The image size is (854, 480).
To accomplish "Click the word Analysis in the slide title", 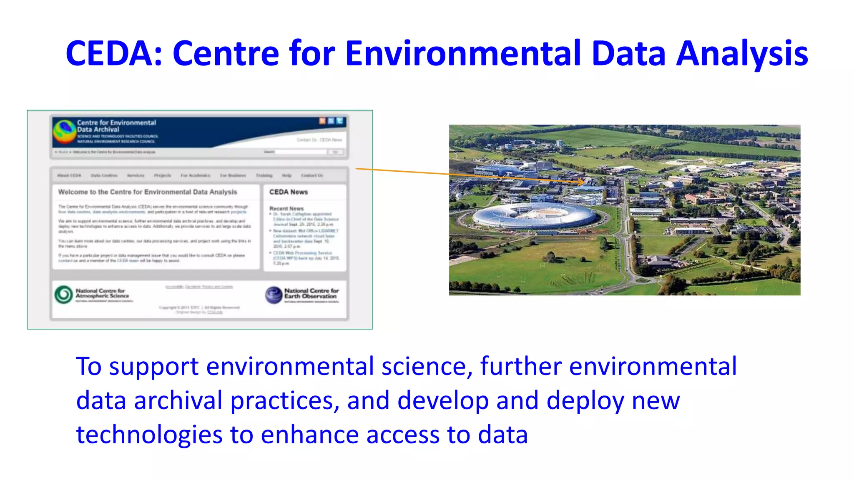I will point(742,53).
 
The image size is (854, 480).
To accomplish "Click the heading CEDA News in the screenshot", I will point(288,192).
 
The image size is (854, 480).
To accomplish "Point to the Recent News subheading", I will point(286,208).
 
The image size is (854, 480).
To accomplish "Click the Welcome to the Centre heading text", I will point(148,192).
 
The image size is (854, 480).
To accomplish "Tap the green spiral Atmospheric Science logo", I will point(64,295).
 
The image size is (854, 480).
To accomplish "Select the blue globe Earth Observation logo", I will point(274,295).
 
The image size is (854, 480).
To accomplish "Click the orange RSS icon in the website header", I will point(322,121).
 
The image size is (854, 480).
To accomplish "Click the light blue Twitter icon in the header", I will point(340,121).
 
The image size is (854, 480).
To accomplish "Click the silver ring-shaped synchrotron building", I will point(535,215).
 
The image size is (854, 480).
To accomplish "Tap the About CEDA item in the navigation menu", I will point(69,176).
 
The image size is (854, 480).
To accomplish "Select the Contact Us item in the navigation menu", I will point(312,176).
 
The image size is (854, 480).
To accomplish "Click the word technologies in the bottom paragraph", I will point(149,435).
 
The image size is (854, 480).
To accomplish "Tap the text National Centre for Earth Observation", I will point(311,293).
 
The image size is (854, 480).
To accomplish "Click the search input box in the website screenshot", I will point(300,152).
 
